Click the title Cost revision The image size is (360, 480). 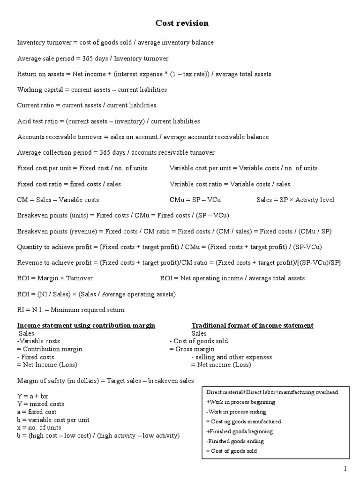tap(182, 23)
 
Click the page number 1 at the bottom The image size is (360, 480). tap(345, 468)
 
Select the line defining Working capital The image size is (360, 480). tap(92, 90)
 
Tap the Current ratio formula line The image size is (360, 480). tap(87, 105)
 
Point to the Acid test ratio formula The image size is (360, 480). tap(108, 121)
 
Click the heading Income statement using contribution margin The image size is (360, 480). tap(86, 325)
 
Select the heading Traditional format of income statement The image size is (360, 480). tap(252, 325)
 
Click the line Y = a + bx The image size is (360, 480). tap(33, 396)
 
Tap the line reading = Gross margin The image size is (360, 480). tap(192, 349)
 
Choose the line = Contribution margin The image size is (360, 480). tap(50, 349)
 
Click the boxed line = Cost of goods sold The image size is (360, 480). tap(232, 451)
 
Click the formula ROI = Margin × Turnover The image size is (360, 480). tap(55, 278)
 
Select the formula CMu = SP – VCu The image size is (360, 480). tap(195, 200)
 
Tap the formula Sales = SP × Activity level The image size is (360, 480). tap(295, 200)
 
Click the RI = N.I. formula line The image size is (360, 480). tap(71, 310)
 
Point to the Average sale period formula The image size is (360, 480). tap(93, 58)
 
